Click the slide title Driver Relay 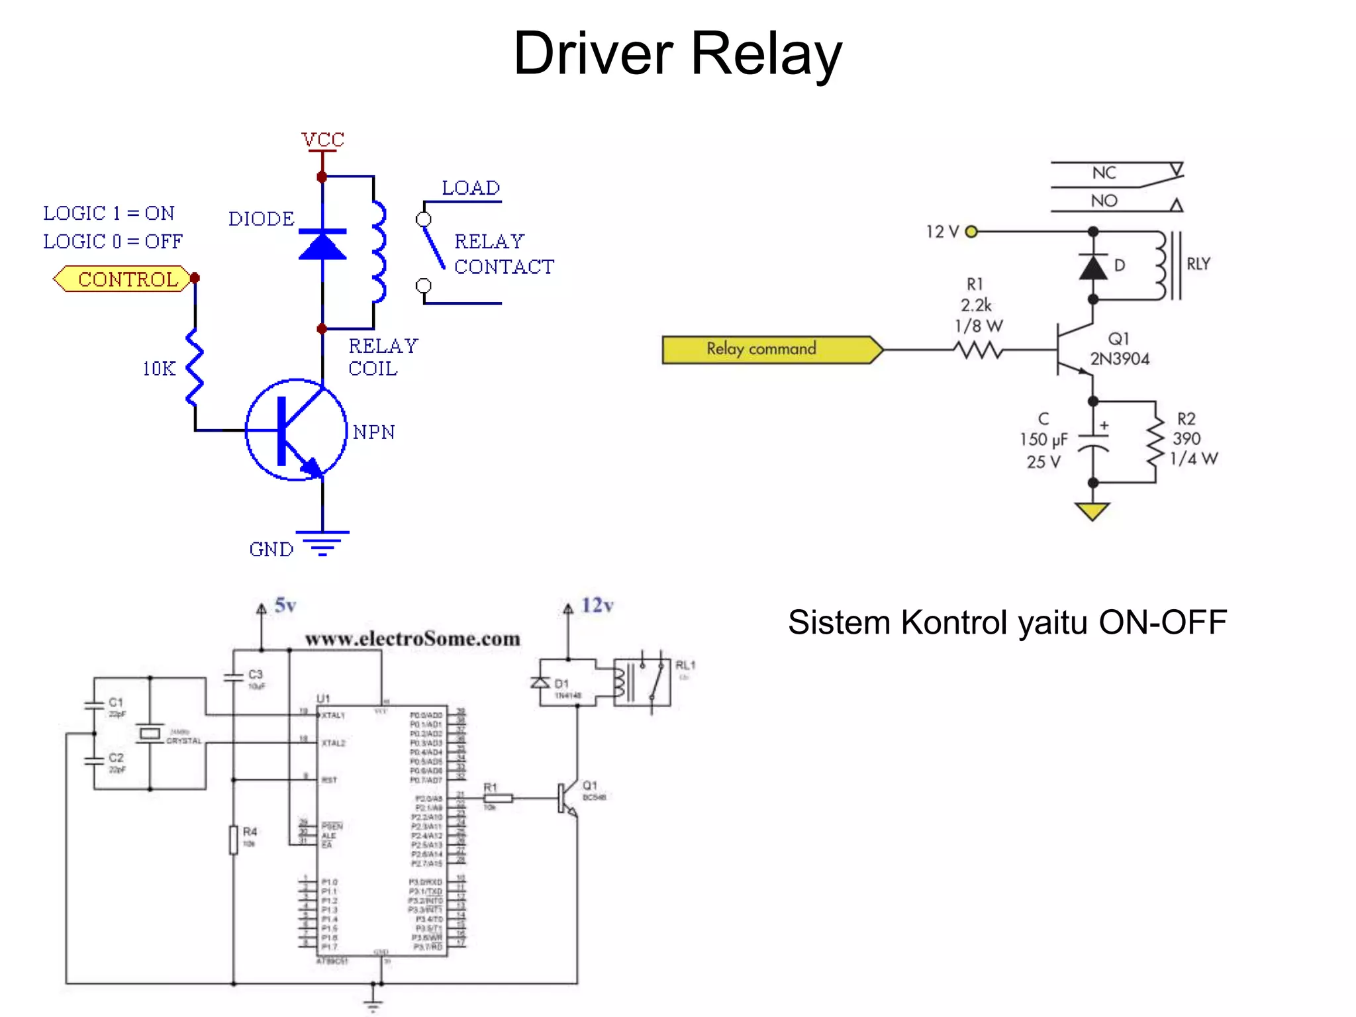coord(677,54)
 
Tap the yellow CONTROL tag coord(123,279)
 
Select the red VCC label coord(322,140)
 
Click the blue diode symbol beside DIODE coord(322,245)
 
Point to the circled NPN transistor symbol coord(296,430)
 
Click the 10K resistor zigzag coord(194,367)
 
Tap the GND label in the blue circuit coord(271,549)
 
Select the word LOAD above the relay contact coord(471,188)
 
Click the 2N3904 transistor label coord(1120,359)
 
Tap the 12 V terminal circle coord(971,232)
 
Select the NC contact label coord(1104,173)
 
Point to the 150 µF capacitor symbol coord(1093,442)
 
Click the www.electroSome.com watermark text coord(412,639)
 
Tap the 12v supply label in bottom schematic coord(597,605)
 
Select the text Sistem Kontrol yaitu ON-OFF coord(1007,622)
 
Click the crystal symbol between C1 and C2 coord(150,733)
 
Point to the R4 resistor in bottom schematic coord(234,840)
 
